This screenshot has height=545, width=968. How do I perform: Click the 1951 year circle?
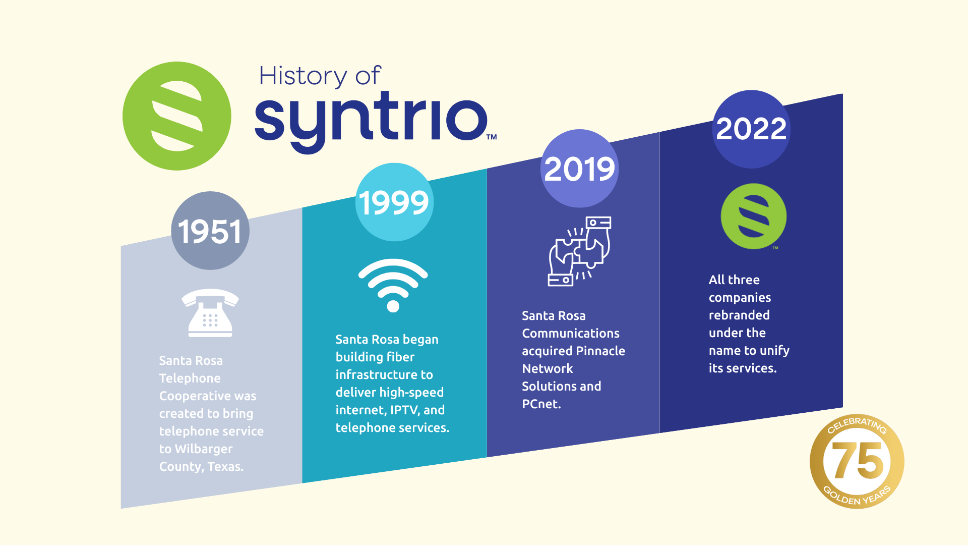210,231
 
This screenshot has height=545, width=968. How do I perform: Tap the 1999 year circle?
394,202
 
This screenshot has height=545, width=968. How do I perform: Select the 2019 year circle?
580,169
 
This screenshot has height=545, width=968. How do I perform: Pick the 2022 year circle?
751,129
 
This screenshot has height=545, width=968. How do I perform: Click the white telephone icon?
210,313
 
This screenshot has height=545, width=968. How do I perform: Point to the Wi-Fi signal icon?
393,286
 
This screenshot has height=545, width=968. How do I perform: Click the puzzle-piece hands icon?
580,251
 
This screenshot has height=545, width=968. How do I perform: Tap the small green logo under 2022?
754,216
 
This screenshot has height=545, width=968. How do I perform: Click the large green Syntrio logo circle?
177,116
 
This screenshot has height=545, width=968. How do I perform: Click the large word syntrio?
371,121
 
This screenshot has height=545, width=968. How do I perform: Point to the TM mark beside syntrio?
492,137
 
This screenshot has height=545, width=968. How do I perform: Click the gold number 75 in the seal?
858,460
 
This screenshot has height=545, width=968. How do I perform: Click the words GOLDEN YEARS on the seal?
857,497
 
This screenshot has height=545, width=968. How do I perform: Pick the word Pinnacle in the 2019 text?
600,351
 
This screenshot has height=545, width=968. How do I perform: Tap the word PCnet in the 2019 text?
540,404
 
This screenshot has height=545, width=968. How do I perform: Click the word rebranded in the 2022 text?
739,315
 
